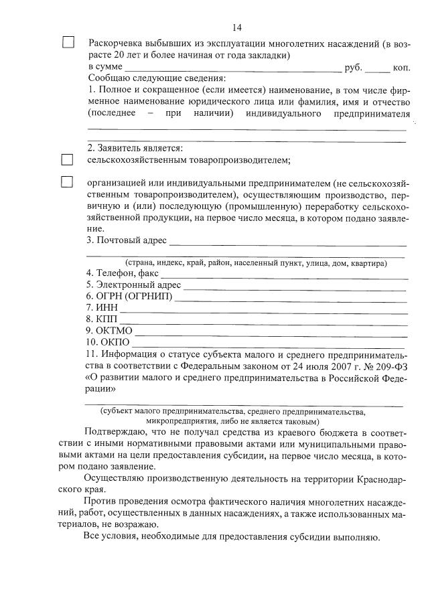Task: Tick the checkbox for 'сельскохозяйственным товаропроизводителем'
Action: [67, 160]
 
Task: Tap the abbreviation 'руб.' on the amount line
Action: [352, 68]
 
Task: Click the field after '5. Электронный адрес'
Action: [295, 287]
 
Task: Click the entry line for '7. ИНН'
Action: [263, 310]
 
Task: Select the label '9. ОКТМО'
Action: [109, 331]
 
